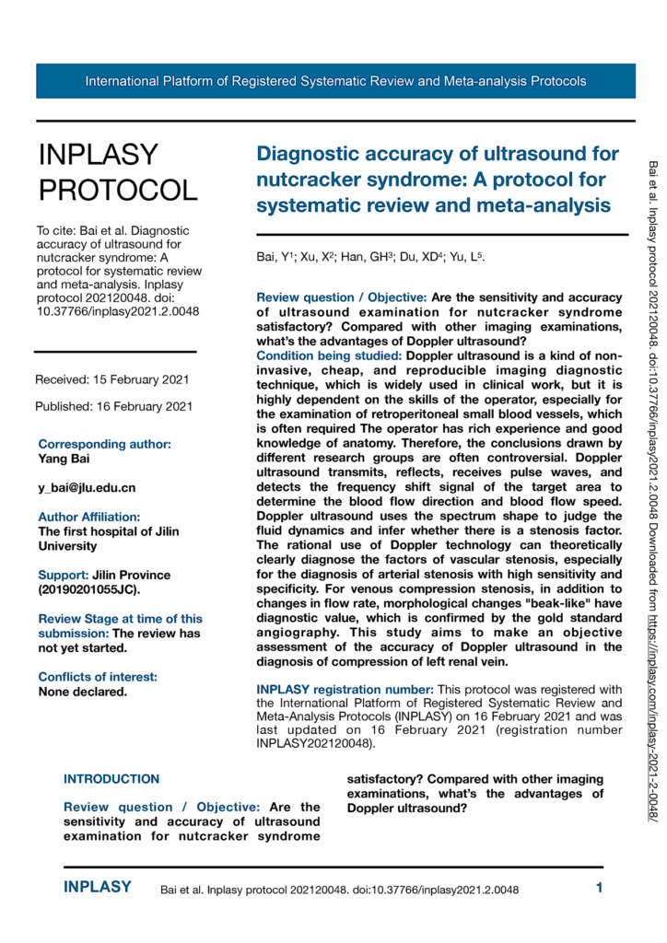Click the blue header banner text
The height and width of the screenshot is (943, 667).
click(x=335, y=81)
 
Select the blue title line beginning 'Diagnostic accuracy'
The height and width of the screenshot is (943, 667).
click(x=438, y=153)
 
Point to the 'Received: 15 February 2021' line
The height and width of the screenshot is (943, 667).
click(x=113, y=379)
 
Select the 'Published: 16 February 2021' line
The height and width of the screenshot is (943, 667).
click(x=113, y=406)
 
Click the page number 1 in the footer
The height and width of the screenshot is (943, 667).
click(x=599, y=889)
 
